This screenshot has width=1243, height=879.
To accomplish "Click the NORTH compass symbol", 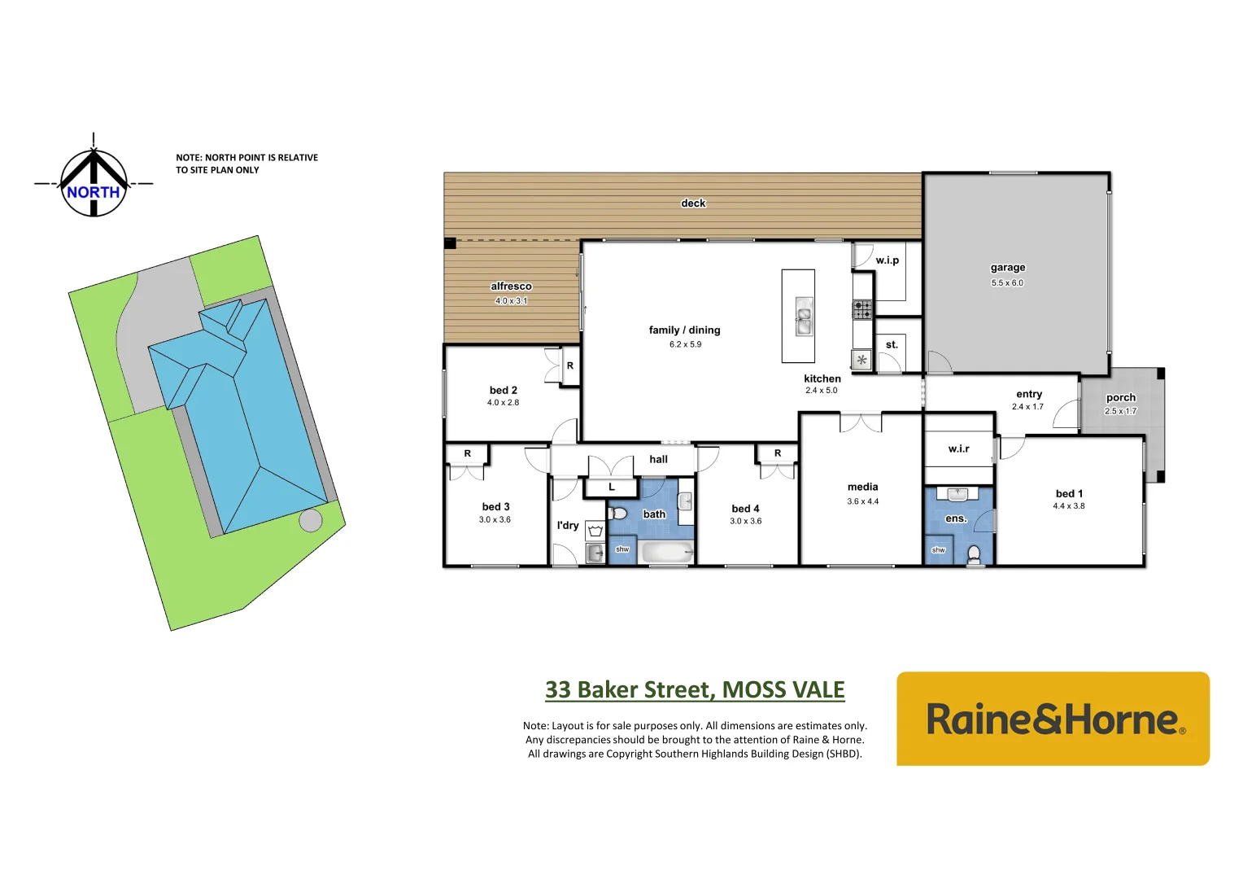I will pyautogui.click(x=94, y=184).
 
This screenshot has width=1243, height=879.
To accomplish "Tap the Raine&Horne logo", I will pyautogui.click(x=1053, y=719).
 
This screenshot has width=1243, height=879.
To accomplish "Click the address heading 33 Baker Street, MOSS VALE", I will pyautogui.click(x=695, y=690).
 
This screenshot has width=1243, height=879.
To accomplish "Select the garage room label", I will pyautogui.click(x=1007, y=268).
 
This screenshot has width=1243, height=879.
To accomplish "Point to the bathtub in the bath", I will pyautogui.click(x=667, y=553).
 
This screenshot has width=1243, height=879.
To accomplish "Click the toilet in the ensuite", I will pyautogui.click(x=974, y=555).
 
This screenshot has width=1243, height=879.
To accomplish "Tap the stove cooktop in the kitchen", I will pyautogui.click(x=862, y=309).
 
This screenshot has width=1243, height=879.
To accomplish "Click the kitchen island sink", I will pyautogui.click(x=804, y=317).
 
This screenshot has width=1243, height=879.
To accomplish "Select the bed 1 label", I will pyautogui.click(x=1069, y=494).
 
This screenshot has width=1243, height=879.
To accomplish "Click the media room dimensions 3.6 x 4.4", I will pyautogui.click(x=862, y=501).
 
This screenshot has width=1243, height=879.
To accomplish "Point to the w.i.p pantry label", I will pyautogui.click(x=887, y=260).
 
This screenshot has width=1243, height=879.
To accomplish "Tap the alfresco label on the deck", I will pyautogui.click(x=511, y=286).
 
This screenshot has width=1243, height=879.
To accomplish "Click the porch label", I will pyautogui.click(x=1120, y=398).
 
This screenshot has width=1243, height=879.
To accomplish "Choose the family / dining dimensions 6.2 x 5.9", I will pyautogui.click(x=685, y=344).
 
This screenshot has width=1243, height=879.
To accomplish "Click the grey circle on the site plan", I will pyautogui.click(x=310, y=520).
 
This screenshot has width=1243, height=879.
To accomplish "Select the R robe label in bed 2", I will pyautogui.click(x=570, y=366).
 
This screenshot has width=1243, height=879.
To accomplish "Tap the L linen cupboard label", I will pyautogui.click(x=612, y=488).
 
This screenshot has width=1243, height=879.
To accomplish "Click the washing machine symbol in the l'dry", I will pyautogui.click(x=595, y=531).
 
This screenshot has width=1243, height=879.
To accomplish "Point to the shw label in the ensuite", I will pyautogui.click(x=938, y=550).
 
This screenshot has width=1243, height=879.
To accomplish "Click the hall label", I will pyautogui.click(x=658, y=460).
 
